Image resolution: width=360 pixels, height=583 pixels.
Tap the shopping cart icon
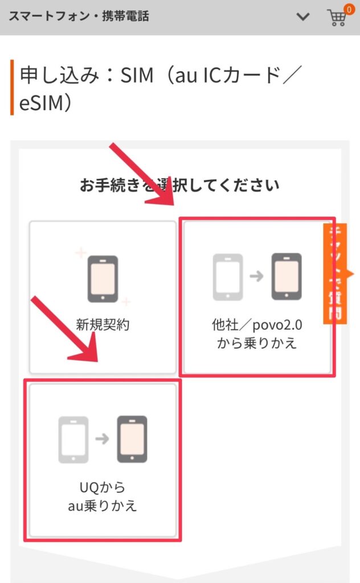[337, 17]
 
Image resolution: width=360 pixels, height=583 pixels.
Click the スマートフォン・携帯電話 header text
[79, 17]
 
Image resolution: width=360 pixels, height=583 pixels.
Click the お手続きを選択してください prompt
[180, 184]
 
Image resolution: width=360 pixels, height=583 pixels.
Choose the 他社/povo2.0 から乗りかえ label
[257, 334]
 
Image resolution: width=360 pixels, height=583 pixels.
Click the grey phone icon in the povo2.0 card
[228, 277]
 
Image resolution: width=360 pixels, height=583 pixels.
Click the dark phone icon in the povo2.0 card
[286, 277]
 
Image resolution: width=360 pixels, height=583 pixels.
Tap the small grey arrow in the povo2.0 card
[257, 277]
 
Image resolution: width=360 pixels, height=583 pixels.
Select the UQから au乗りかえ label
[103, 496]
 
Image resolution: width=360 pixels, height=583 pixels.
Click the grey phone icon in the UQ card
[73, 439]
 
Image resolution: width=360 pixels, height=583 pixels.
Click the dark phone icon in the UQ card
[132, 439]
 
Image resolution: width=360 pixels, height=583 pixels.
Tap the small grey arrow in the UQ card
[103, 439]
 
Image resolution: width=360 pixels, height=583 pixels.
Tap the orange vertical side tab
[337, 274]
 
